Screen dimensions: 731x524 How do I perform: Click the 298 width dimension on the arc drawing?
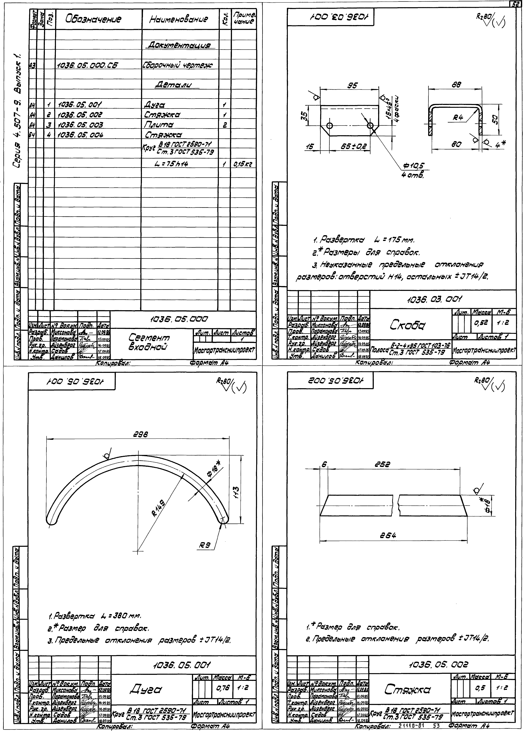point(141,434)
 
